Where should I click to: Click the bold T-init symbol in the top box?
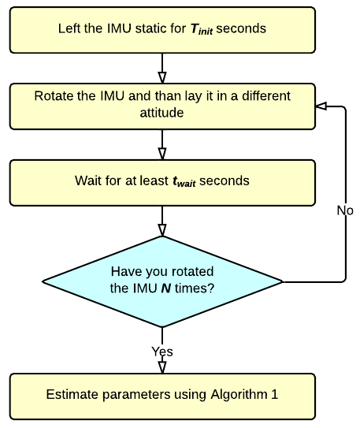202,29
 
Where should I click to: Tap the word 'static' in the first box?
150,28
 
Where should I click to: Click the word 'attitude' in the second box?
161,113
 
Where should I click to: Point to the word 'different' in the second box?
266,96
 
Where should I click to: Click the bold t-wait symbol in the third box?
184,181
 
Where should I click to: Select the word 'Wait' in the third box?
87,181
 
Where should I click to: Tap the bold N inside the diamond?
166,288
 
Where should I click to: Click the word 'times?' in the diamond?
195,288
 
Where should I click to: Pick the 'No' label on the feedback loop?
345,210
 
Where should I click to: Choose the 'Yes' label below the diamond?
162,352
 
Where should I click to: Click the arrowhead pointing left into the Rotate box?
321,106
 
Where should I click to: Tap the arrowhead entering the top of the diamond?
162,230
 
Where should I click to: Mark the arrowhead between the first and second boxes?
162,78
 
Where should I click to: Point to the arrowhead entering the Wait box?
162,154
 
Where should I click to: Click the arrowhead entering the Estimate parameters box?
162,367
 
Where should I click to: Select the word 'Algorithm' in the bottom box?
239,395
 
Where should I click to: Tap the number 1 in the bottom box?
274,394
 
